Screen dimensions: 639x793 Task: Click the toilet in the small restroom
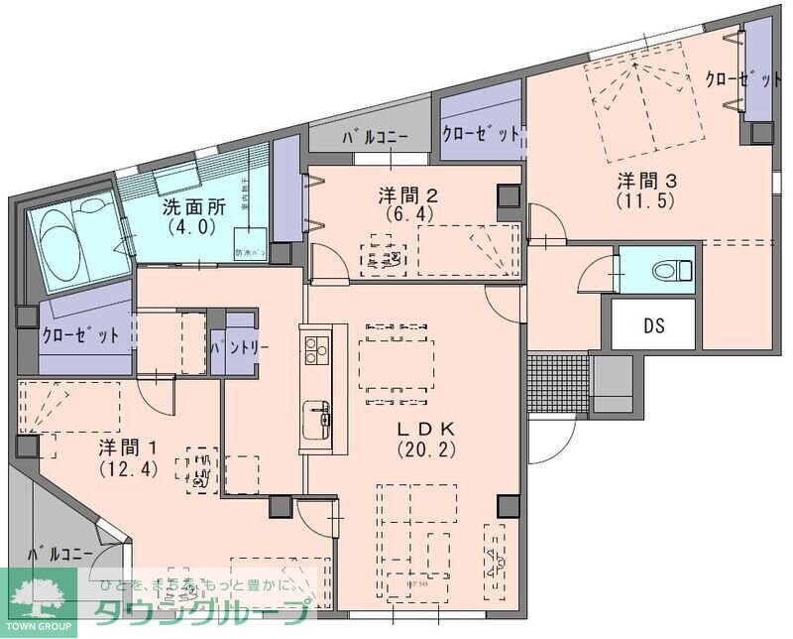tap(674, 269)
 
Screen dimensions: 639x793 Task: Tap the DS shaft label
tap(653, 324)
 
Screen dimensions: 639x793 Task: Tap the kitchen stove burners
tap(315, 349)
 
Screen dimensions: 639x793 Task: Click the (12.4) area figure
tap(128, 468)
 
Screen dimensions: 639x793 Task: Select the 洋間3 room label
tap(647, 181)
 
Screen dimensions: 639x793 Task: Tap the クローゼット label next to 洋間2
tap(480, 133)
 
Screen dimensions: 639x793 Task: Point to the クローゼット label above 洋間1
tap(80, 335)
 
